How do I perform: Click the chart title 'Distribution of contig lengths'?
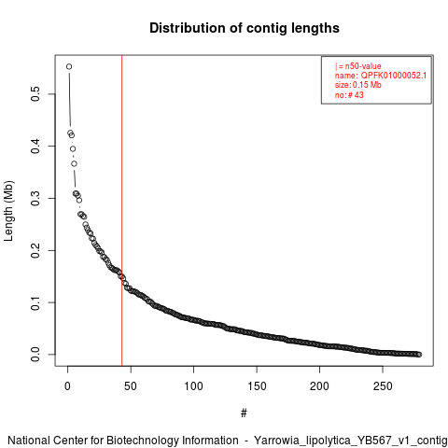[x=245, y=28]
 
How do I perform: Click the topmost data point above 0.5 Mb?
[x=69, y=66]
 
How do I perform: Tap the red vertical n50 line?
[x=122, y=211]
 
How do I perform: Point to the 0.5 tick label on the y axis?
[x=35, y=94]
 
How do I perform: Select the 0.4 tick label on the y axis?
[x=35, y=146]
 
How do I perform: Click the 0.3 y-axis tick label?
[x=35, y=198]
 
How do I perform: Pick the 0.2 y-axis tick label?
[x=35, y=250]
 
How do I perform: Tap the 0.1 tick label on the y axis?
[x=35, y=302]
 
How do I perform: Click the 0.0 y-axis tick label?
[x=35, y=355]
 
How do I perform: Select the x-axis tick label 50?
[x=131, y=386]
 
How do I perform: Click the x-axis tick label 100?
[x=193, y=386]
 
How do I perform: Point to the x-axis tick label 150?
[x=257, y=386]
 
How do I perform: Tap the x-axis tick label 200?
[x=319, y=386]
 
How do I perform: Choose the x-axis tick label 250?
[x=383, y=386]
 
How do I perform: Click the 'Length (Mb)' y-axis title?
[x=8, y=211]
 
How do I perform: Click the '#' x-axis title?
[x=244, y=413]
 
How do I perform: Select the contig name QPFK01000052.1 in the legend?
[x=394, y=76]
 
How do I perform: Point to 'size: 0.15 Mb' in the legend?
[x=358, y=85]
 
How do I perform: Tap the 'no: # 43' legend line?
[x=349, y=94]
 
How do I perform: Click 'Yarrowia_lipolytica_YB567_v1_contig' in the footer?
[x=351, y=441]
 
